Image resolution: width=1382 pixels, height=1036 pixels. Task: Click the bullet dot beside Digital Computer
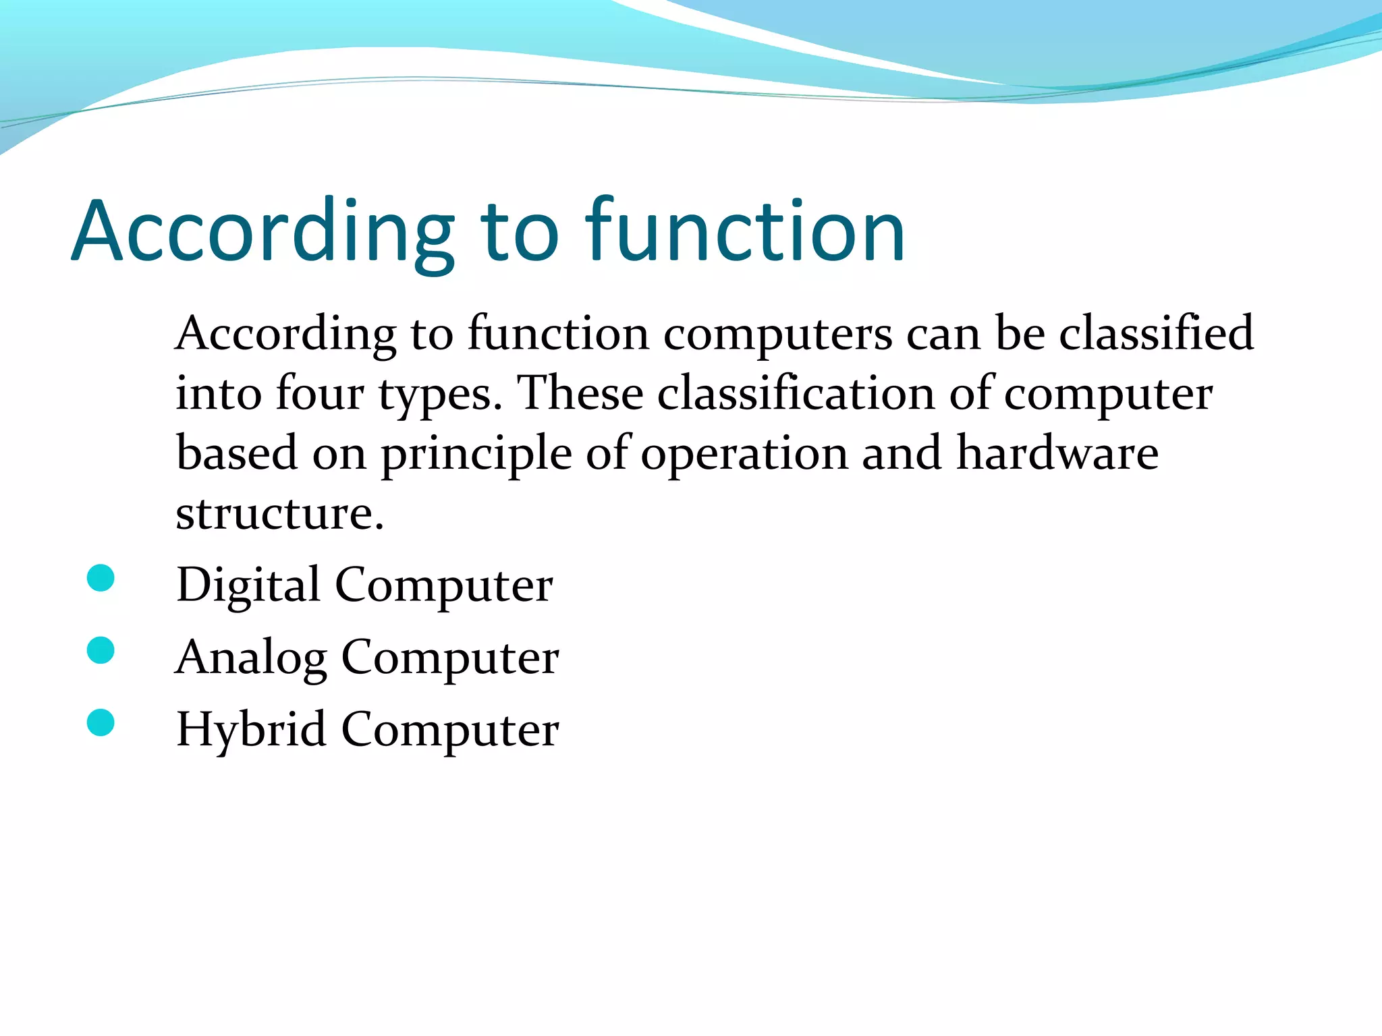click(x=101, y=579)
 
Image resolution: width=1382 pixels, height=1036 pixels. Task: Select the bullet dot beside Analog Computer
click(x=101, y=651)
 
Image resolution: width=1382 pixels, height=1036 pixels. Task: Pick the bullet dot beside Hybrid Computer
click(x=101, y=723)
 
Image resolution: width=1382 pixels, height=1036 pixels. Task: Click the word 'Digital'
click(x=248, y=585)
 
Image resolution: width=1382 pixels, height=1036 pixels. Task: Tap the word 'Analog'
click(x=251, y=658)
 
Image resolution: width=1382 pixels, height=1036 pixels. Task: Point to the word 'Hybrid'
click(x=251, y=730)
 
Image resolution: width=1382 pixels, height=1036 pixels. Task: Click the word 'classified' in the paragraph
click(x=1156, y=333)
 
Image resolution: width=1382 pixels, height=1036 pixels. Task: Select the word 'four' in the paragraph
click(x=320, y=393)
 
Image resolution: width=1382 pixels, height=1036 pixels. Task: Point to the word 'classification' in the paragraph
click(x=796, y=393)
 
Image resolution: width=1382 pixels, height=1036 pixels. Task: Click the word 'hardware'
click(x=1057, y=453)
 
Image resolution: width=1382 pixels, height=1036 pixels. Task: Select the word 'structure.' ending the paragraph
click(x=279, y=514)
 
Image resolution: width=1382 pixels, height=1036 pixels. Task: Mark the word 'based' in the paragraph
click(x=237, y=453)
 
